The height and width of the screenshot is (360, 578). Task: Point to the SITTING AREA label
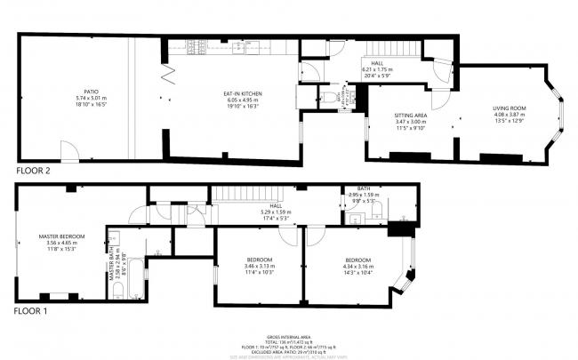tap(411, 116)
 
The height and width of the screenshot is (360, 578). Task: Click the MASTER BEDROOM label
tap(61, 236)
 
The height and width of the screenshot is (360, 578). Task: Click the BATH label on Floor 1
tap(364, 188)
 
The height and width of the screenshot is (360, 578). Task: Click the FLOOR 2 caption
tap(33, 169)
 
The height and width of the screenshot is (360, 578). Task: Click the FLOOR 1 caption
tap(31, 312)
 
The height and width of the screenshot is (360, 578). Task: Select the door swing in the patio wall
tap(68, 149)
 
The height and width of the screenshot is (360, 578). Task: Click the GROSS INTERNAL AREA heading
tap(288, 338)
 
